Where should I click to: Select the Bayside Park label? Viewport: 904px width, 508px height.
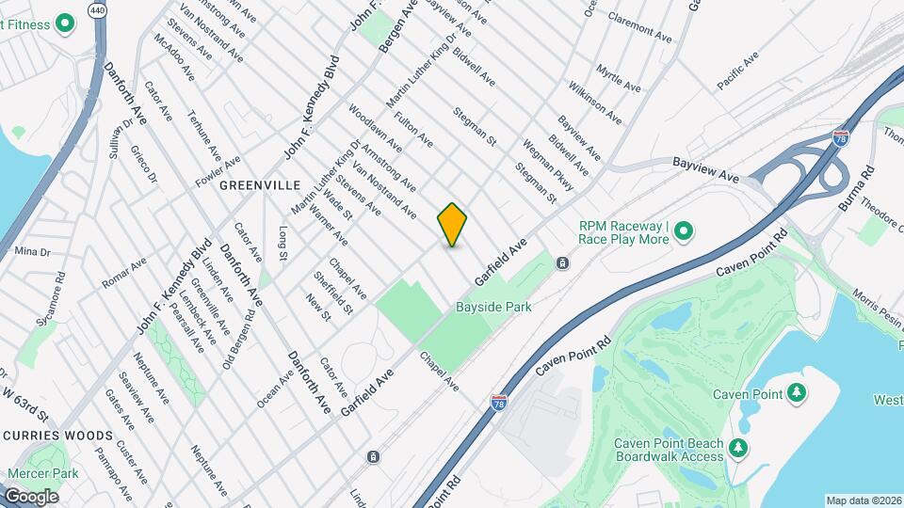[x=493, y=307]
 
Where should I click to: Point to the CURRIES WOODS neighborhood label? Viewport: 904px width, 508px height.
[x=58, y=437]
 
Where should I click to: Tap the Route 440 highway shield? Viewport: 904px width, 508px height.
[x=97, y=9]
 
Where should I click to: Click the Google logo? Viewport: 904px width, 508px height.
[x=30, y=496]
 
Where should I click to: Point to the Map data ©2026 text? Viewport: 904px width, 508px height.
[x=864, y=500]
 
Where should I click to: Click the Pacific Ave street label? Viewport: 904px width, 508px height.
[x=737, y=73]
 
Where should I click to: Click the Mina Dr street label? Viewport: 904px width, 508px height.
[x=31, y=252]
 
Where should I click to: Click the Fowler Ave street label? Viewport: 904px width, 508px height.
[x=218, y=169]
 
